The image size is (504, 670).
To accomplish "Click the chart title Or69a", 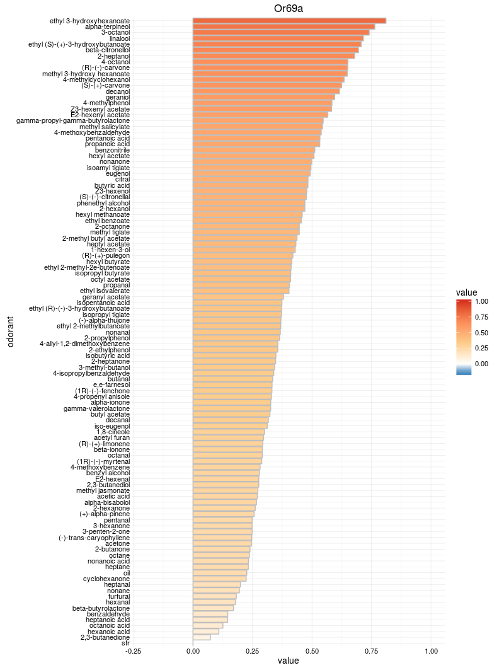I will [289, 8].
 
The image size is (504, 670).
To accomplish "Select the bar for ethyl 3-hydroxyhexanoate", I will [289, 21].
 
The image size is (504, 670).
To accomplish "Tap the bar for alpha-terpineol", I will [283, 26].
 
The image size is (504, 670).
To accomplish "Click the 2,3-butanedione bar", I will [202, 637].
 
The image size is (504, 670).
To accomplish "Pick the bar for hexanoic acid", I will [206, 631].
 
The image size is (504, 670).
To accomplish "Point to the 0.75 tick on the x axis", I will [372, 650].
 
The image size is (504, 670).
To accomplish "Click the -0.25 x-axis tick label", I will [133, 650].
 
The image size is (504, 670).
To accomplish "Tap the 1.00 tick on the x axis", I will [432, 650].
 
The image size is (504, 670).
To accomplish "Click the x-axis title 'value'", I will [289, 661].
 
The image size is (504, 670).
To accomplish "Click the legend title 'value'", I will [466, 292].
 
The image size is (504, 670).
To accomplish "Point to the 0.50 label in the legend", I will [481, 332].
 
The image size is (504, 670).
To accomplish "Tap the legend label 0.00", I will [481, 363].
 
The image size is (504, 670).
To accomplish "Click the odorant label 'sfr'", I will [125, 643].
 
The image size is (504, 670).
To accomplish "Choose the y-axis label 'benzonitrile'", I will [113, 150].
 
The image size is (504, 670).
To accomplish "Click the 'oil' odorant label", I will [127, 572].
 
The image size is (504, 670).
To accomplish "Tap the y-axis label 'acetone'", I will [118, 543].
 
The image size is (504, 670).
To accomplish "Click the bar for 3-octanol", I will [281, 32].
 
